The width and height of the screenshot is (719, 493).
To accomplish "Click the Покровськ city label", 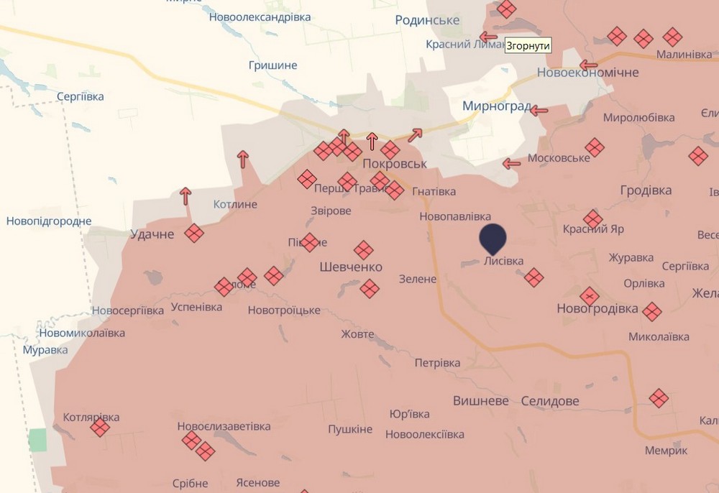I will click(395, 164).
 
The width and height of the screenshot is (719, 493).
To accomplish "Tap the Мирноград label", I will click(496, 107).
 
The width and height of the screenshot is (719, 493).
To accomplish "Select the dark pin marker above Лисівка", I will click(493, 237).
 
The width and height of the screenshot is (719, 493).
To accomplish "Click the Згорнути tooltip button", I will click(528, 45).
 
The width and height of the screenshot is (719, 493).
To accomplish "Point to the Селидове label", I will click(550, 401).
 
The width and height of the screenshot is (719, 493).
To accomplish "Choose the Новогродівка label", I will click(597, 309).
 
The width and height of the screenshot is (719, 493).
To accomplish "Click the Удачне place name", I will click(152, 234).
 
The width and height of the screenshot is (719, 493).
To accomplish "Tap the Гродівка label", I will click(646, 190).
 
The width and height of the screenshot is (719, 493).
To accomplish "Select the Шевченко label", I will click(351, 267).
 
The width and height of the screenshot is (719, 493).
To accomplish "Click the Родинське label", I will click(427, 20).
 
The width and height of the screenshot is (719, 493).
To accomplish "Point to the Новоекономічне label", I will click(588, 73).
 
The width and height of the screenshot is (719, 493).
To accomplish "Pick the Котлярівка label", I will click(91, 417).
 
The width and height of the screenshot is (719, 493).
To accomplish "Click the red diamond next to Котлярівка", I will click(100, 428).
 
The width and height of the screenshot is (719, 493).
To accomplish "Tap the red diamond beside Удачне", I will click(193, 233).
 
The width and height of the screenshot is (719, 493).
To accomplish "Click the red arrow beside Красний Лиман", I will click(489, 37).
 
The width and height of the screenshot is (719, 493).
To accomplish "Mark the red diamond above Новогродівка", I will click(590, 295).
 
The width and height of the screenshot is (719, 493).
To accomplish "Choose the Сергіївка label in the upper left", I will click(81, 96).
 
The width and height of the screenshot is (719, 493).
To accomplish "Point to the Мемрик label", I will click(667, 451).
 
